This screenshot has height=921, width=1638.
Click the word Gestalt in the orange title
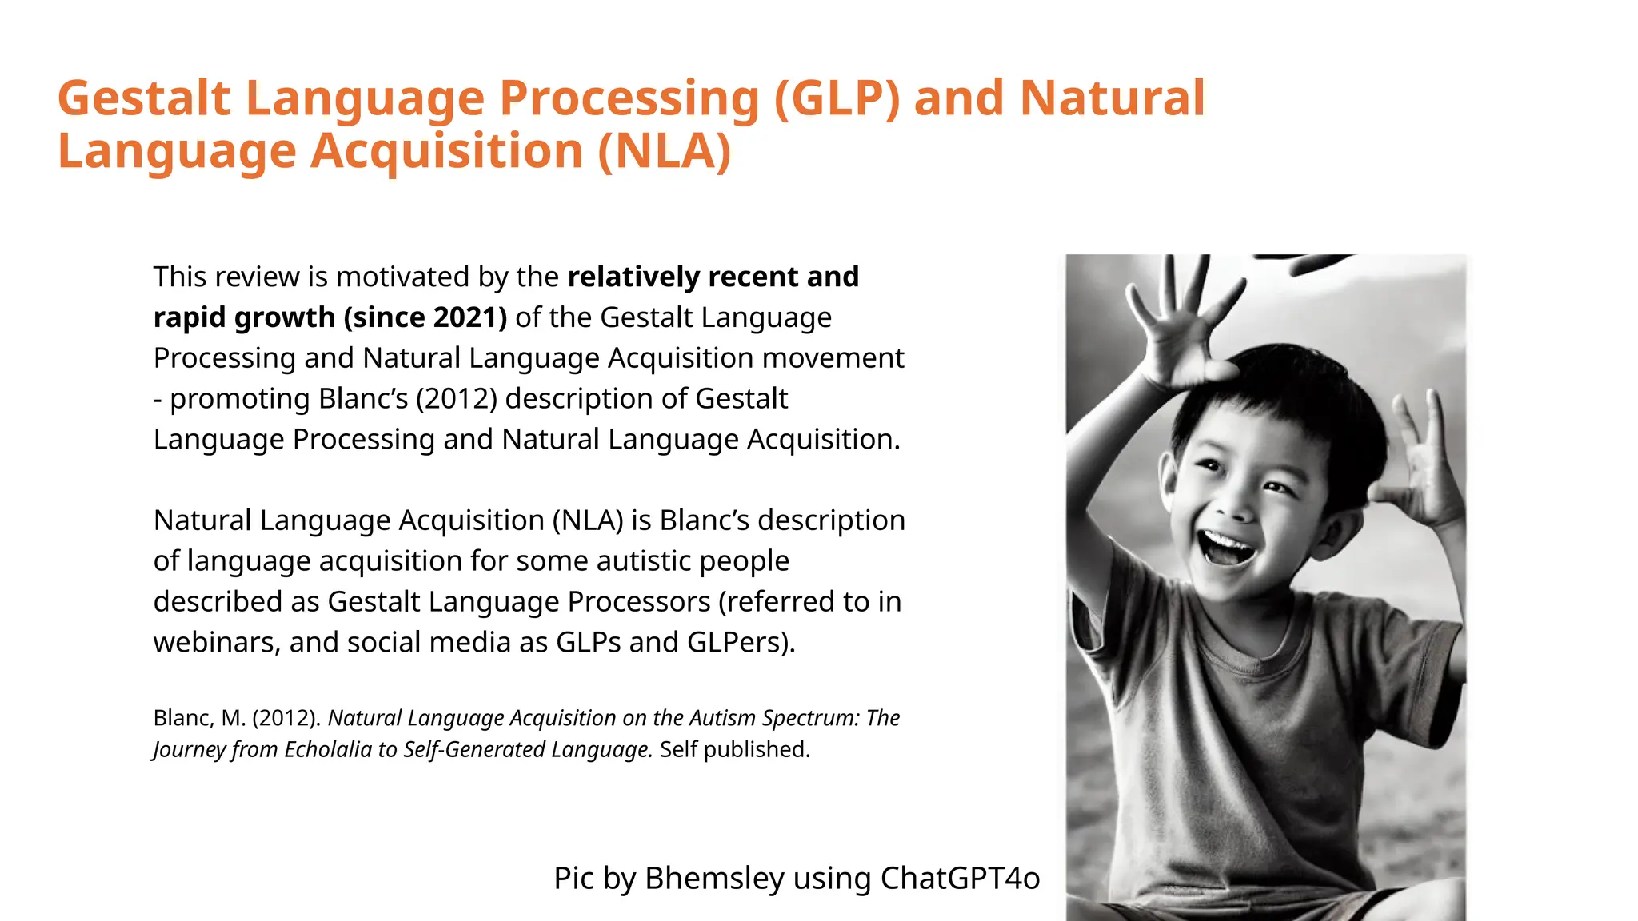[144, 99]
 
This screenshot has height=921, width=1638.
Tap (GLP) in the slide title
[837, 99]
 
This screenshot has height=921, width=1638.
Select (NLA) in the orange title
[664, 152]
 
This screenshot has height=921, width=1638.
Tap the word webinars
[216, 643]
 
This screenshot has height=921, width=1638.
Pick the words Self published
[734, 750]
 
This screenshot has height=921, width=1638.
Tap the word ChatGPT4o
[960, 878]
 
